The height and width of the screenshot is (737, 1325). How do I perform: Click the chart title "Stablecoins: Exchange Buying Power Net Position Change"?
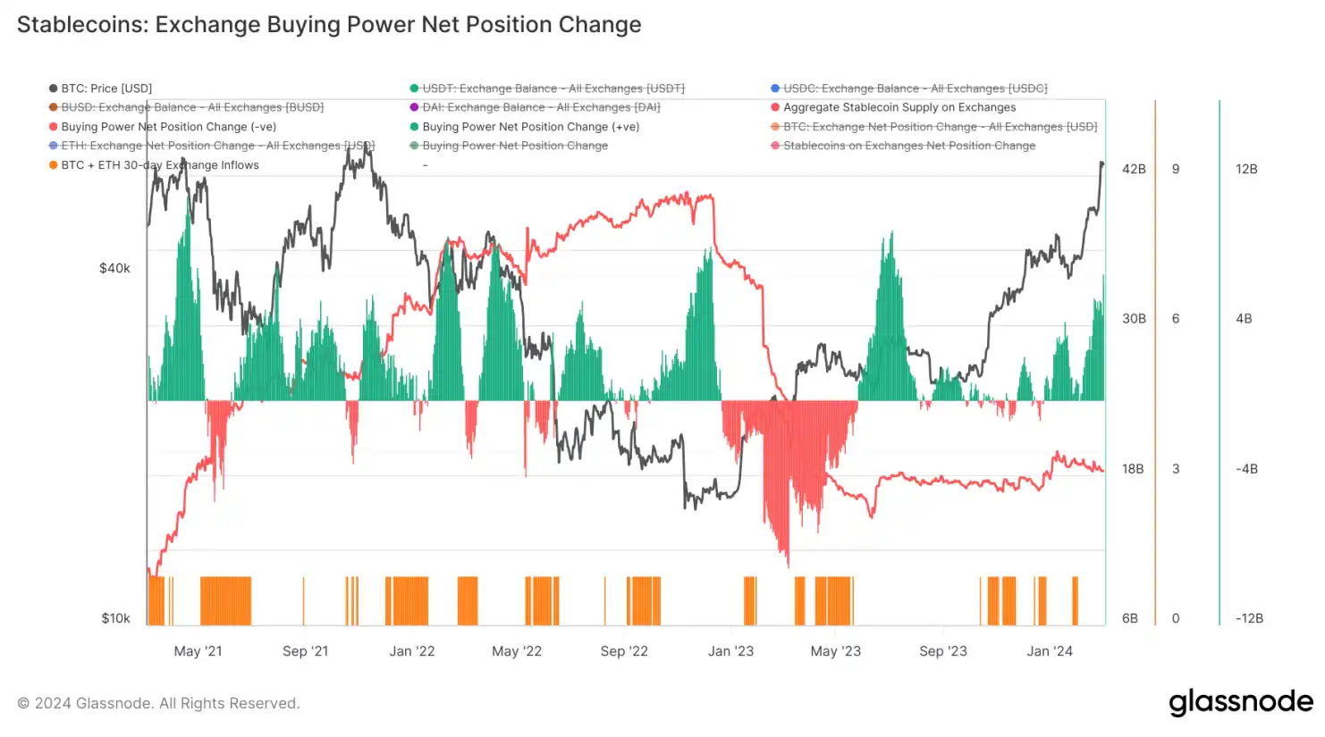[x=329, y=24]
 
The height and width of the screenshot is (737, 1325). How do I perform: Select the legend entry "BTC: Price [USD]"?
[x=105, y=88]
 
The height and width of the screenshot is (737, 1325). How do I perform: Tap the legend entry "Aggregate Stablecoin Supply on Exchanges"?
[x=899, y=107]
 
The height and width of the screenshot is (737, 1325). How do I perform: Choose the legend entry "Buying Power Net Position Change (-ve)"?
[x=168, y=127]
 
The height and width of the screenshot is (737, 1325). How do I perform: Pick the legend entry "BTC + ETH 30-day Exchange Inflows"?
[x=159, y=165]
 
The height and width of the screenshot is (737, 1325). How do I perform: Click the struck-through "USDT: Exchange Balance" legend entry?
[x=553, y=88]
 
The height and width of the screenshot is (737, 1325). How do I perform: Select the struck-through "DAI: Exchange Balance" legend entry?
[x=540, y=107]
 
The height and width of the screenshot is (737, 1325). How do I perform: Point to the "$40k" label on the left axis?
[x=114, y=268]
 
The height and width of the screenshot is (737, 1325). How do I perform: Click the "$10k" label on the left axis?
[x=115, y=618]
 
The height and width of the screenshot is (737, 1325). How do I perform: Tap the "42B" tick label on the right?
[x=1134, y=169]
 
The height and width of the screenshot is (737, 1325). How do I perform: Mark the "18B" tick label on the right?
[x=1133, y=469]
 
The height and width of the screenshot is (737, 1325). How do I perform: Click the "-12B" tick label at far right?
[x=1249, y=618]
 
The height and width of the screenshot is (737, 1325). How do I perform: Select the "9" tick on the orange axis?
[x=1176, y=169]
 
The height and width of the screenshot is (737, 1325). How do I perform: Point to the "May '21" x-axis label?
[x=198, y=651]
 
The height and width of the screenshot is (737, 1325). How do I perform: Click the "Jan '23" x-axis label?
[x=730, y=651]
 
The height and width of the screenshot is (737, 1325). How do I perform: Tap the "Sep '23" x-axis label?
[x=943, y=651]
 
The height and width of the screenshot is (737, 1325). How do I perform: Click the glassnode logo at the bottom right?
[x=1241, y=702]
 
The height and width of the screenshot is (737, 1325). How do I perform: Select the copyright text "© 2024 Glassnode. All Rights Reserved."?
[x=159, y=703]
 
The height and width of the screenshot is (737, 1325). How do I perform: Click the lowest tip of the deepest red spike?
[x=788, y=566]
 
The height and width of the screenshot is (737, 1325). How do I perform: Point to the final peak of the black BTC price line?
[x=1101, y=163]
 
